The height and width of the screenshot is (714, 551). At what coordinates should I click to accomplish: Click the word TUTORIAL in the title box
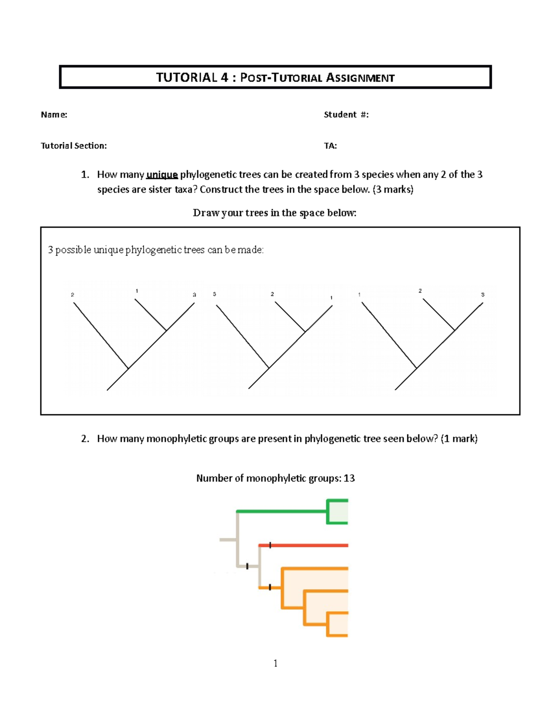186,77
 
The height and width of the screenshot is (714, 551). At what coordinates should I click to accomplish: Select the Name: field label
54,114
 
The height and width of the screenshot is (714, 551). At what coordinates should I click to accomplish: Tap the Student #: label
346,114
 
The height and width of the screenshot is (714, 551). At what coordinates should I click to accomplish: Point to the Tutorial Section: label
74,146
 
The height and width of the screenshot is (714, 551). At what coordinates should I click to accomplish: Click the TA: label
330,146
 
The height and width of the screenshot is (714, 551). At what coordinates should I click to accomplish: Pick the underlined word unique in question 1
162,175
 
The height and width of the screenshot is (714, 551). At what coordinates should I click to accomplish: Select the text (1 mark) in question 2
459,439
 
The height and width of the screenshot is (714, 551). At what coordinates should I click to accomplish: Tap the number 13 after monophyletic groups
349,478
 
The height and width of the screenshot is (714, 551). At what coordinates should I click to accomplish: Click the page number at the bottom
275,663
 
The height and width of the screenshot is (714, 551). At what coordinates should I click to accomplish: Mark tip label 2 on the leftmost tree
73,295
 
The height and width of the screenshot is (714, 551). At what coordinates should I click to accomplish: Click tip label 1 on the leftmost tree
137,291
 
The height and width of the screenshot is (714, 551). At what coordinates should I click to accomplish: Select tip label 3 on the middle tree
214,294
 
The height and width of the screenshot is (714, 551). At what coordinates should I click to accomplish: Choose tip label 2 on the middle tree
272,294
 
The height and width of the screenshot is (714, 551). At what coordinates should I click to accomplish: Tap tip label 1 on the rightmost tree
360,295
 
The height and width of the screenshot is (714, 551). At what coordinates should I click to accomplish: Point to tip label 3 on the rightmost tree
483,295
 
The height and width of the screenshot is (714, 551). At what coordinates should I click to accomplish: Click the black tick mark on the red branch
270,545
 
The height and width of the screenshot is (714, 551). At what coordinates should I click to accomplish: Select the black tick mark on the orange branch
270,587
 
